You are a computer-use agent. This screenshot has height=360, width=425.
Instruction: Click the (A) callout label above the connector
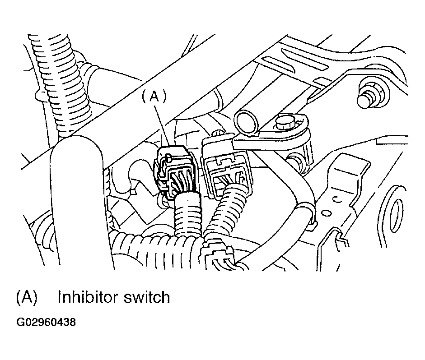[x=154, y=97]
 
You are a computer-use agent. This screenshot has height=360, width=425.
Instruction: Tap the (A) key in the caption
[x=27, y=297]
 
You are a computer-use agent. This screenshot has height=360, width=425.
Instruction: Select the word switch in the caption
[x=147, y=297]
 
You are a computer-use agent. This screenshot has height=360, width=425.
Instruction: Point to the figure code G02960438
[x=46, y=322]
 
